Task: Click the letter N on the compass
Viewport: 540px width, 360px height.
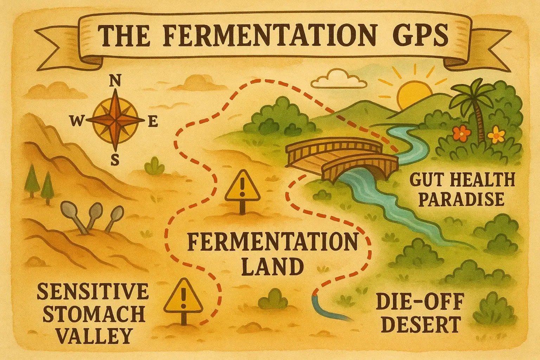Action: (x=115, y=81)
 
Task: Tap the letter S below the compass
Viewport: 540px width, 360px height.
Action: (x=115, y=161)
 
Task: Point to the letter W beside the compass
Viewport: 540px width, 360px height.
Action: (x=76, y=122)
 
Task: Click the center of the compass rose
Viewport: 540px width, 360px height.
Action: (x=115, y=120)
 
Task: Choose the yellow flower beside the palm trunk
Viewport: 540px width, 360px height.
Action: (x=497, y=134)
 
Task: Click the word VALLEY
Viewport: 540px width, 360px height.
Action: (x=94, y=336)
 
